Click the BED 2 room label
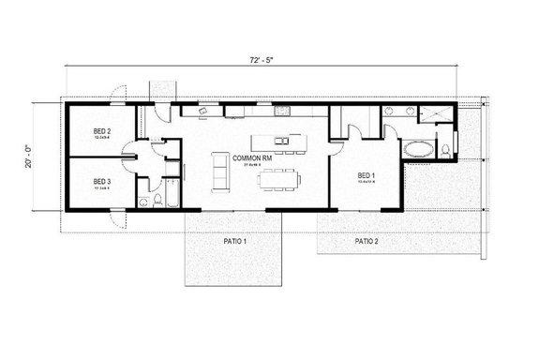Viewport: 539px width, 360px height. (102, 132)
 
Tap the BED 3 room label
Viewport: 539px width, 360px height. (102, 182)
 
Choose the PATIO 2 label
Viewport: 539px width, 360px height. (368, 242)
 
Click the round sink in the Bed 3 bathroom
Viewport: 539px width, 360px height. (142, 199)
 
